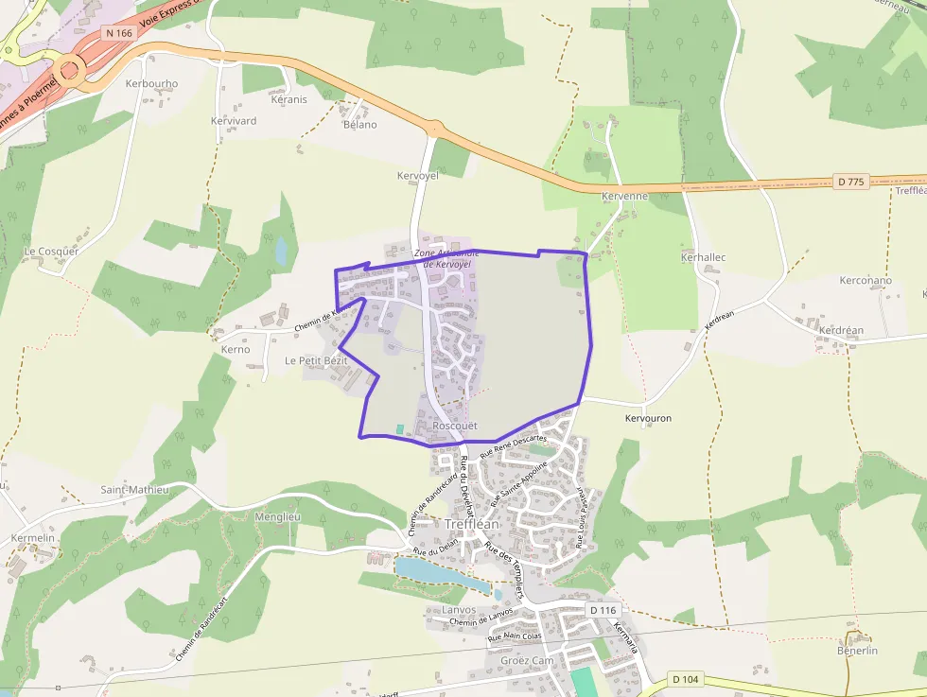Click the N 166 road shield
coord(118,33)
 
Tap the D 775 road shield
coord(851,182)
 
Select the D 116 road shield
coord(603,610)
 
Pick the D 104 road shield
coord(687,679)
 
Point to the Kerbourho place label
coord(151,83)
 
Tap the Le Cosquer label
coord(51,252)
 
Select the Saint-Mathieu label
coord(134,490)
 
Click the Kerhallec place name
coord(703,257)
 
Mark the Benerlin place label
coord(857,651)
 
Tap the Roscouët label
coord(454,427)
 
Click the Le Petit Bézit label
coord(316,361)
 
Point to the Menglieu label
coord(277,517)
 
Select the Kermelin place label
coord(32,538)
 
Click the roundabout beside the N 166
coord(68,69)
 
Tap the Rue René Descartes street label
coord(514,444)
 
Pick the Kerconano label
coord(866,281)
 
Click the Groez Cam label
coord(527,660)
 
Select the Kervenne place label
coord(624,196)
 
